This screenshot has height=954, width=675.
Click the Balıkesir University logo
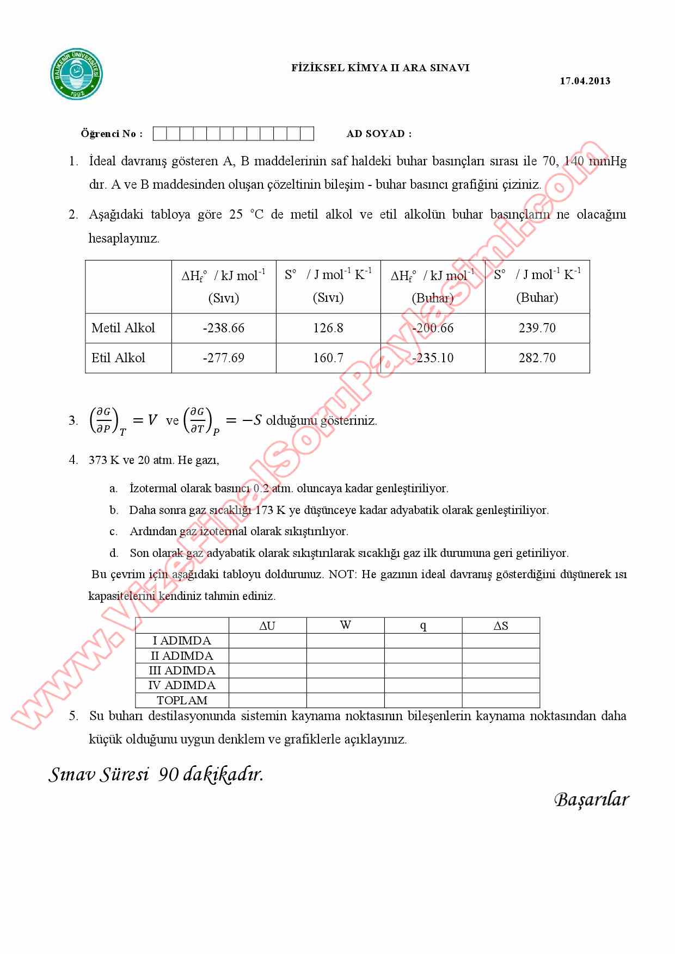click(x=77, y=75)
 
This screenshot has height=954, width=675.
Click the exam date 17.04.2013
click(x=585, y=81)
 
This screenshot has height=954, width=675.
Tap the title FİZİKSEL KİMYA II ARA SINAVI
click(x=380, y=68)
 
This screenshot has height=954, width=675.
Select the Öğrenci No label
click(x=112, y=134)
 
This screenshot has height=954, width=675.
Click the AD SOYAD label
click(x=379, y=134)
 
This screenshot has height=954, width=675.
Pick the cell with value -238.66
click(x=224, y=328)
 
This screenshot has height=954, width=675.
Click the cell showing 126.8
click(x=328, y=328)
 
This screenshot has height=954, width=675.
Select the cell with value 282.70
click(x=537, y=358)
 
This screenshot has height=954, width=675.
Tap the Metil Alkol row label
click(x=123, y=328)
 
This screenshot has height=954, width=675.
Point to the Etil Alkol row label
click(x=118, y=358)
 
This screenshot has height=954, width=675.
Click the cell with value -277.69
click(x=224, y=358)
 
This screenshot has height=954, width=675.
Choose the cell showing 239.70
click(x=537, y=328)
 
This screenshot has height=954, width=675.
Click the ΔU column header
click(x=267, y=625)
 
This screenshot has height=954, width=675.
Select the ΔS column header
click(x=501, y=625)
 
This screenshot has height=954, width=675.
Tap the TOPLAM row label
click(x=182, y=701)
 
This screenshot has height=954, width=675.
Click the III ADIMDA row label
click(x=182, y=671)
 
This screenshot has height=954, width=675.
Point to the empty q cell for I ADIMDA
click(x=423, y=641)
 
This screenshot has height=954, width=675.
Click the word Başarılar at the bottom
click(x=591, y=800)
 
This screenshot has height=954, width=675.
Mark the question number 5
click(x=73, y=716)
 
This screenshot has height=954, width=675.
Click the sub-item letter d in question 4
click(x=114, y=554)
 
